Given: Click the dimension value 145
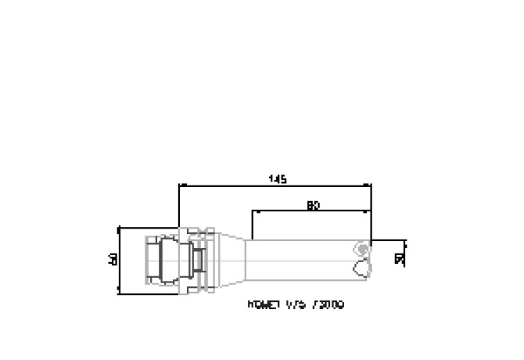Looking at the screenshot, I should [278, 179].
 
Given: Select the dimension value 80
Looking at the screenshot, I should [313, 205].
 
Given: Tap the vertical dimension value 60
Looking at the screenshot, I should [113, 259].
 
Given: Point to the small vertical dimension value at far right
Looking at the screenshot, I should [400, 258].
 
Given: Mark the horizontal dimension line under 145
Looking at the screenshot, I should [235, 186].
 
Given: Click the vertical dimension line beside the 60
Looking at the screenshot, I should [119, 260].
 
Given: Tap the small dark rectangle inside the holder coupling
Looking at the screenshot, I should [199, 259].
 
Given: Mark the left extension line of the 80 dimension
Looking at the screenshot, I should [252, 223].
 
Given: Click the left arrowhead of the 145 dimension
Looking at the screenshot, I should [182, 186].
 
